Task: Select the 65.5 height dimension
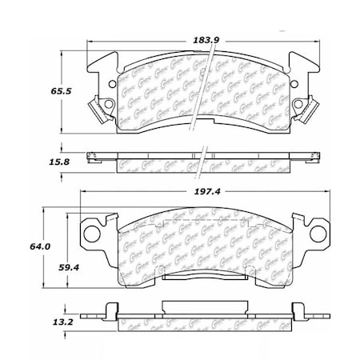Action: pyautogui.click(x=34, y=92)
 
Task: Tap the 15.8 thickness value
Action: pyautogui.click(x=34, y=161)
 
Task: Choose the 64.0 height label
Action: pyautogui.click(x=30, y=246)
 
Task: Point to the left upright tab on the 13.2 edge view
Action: pyautogui.click(x=110, y=308)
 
